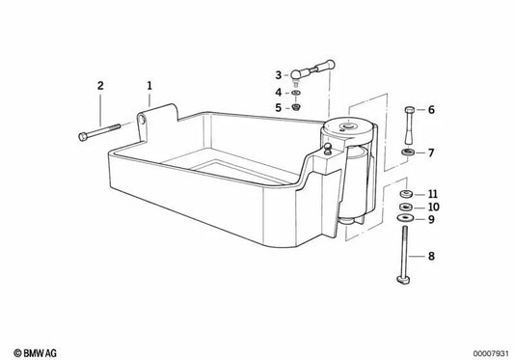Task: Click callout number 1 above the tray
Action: click(x=149, y=86)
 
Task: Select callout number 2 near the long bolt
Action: click(x=98, y=86)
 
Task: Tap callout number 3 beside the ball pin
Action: click(x=278, y=74)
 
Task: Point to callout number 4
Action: click(x=278, y=92)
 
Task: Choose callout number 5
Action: click(x=278, y=107)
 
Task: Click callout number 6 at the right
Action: click(x=431, y=110)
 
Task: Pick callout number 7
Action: click(x=431, y=152)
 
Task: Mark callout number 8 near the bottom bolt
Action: click(x=431, y=258)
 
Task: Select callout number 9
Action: click(x=431, y=219)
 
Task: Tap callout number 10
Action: click(x=433, y=207)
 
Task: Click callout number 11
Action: click(x=433, y=193)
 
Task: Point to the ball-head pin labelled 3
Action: click(x=312, y=71)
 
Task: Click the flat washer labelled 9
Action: click(x=405, y=219)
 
